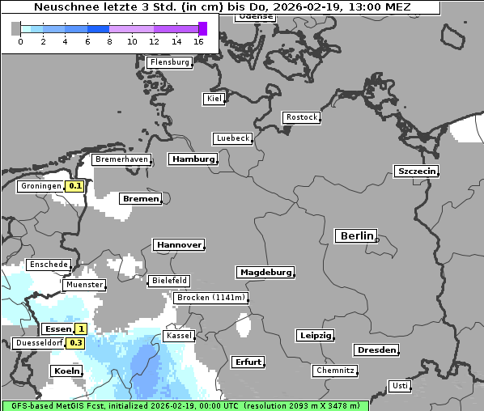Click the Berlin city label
356,236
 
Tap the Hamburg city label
193,159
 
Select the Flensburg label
170,62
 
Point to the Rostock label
301,117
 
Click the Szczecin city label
416,171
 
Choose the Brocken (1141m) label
210,298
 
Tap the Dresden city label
376,350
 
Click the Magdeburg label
265,273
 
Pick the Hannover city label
178,244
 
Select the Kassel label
178,336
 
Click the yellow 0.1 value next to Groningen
75,186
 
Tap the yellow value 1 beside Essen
81,329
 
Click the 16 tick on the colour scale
199,41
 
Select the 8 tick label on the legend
109,41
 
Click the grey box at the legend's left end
16,29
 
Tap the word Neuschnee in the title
62,7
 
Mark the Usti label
399,386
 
